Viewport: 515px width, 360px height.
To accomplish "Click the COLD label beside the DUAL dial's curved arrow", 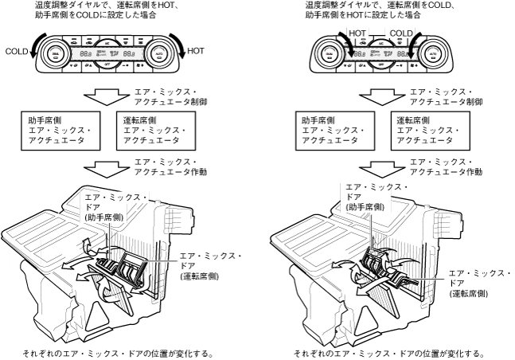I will tap(16, 50).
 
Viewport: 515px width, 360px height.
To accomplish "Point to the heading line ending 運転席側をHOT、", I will tap(119, 5).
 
